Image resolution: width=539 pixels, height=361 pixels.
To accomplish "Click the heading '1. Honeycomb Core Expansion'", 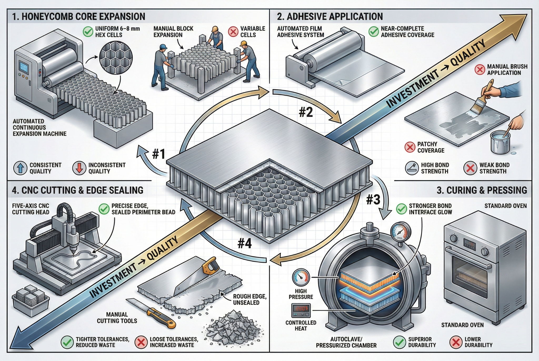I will [78, 16].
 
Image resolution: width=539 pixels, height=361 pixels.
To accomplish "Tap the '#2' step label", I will [306, 112].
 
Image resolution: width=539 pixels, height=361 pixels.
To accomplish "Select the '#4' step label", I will [244, 244].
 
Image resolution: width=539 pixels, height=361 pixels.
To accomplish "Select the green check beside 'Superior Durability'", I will [399, 342].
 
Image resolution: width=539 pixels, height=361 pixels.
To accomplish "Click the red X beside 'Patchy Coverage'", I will [410, 147].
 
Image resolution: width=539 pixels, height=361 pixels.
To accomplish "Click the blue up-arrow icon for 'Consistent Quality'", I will [20, 168].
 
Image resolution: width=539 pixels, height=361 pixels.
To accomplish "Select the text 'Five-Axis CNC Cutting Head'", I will [31, 209].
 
